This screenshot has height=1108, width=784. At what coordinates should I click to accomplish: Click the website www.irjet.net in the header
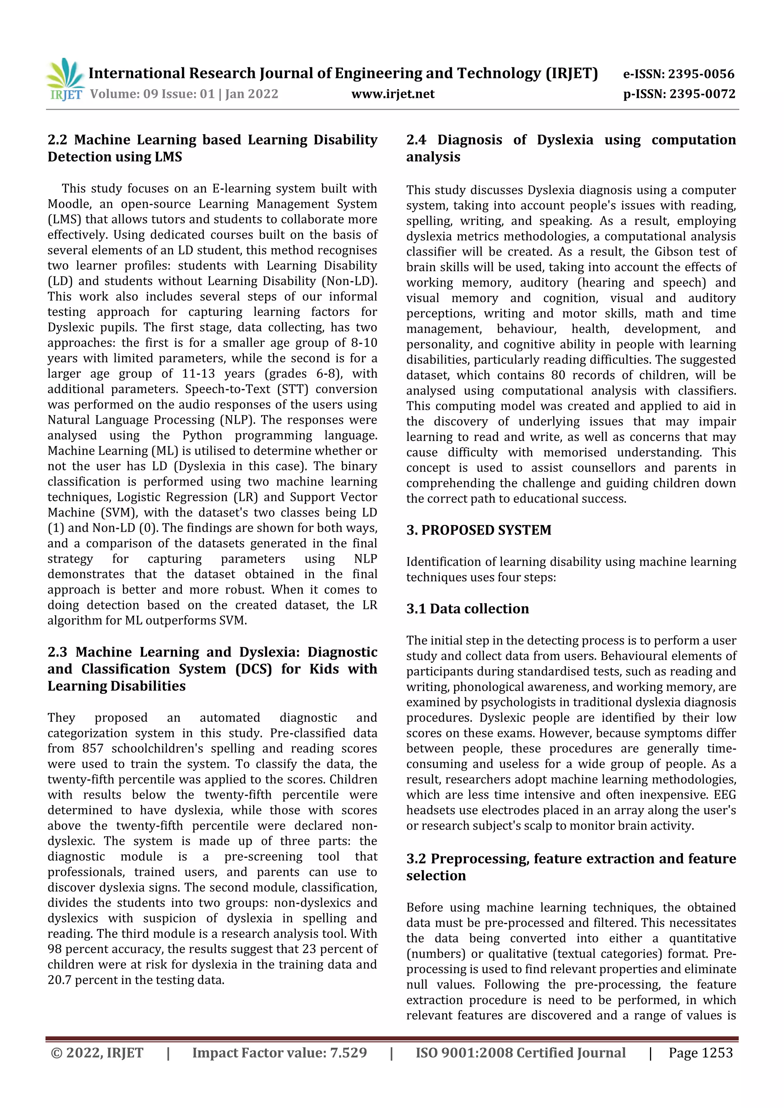[393, 94]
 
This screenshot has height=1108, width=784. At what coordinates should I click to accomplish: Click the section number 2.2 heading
[57, 140]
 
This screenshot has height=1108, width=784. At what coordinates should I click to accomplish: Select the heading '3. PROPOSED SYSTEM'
[478, 530]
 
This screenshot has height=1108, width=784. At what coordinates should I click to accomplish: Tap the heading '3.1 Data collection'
[467, 609]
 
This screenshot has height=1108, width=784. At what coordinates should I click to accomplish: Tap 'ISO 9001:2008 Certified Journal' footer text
[520, 1053]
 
